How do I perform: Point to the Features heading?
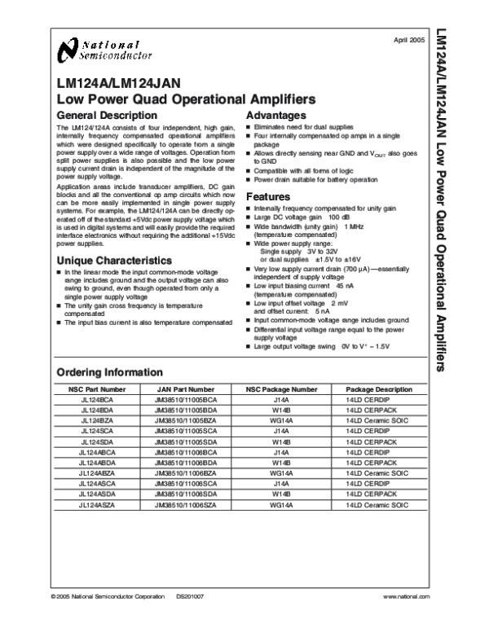tap(268, 197)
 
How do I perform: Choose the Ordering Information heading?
tap(109, 371)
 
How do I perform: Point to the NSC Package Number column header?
tap(282, 390)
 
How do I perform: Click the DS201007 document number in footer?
tap(190, 620)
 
